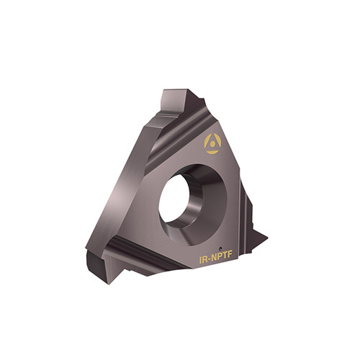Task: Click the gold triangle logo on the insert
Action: tap(212, 144)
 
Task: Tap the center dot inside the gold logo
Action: tap(212, 144)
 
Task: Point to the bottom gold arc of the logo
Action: tap(212, 152)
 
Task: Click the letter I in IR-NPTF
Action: tap(200, 260)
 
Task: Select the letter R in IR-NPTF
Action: tap(205, 259)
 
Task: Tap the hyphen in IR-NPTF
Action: tap(210, 260)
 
